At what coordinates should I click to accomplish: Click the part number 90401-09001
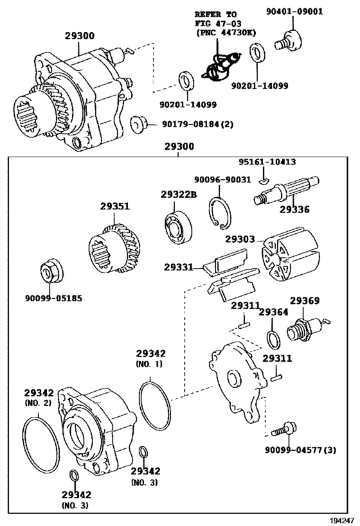294,12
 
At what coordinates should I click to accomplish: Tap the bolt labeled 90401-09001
288,40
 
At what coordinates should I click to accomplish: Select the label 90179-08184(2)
198,125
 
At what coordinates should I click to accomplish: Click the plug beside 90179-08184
139,123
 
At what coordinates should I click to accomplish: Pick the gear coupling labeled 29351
114,249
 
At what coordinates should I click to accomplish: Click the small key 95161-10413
264,181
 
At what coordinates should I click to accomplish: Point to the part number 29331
179,267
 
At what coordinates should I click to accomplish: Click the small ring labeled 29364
273,340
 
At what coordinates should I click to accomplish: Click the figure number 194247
342,520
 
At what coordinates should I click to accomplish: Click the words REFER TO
215,14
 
